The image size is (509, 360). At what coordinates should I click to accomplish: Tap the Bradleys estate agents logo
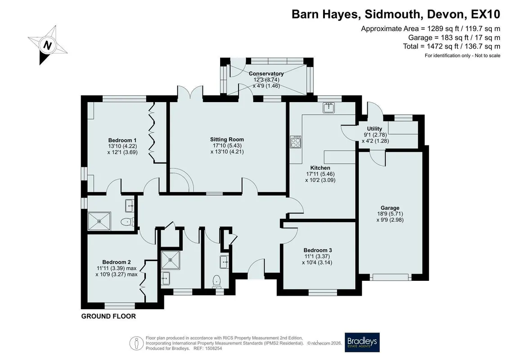[362, 342]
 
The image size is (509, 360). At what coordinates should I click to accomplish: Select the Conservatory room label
[266, 74]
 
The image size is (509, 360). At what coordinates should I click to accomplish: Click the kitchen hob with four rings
[295, 142]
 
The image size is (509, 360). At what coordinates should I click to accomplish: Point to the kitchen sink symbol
[329, 108]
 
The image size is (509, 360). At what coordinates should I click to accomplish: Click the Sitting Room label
[227, 139]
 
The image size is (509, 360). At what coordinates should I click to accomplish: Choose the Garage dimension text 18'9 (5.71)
[390, 214]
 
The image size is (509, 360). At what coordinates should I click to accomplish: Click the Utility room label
[374, 129]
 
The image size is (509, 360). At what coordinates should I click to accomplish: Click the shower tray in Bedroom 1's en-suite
[99, 221]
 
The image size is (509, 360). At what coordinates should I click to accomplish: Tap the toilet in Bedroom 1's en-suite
[127, 222]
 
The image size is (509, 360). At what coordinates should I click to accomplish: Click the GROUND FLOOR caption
[108, 316]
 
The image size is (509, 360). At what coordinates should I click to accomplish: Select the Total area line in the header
[451, 46]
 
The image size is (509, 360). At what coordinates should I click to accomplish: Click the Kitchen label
[320, 168]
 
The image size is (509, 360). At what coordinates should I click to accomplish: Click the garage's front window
[391, 277]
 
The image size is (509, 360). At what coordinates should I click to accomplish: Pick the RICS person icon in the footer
[137, 343]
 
